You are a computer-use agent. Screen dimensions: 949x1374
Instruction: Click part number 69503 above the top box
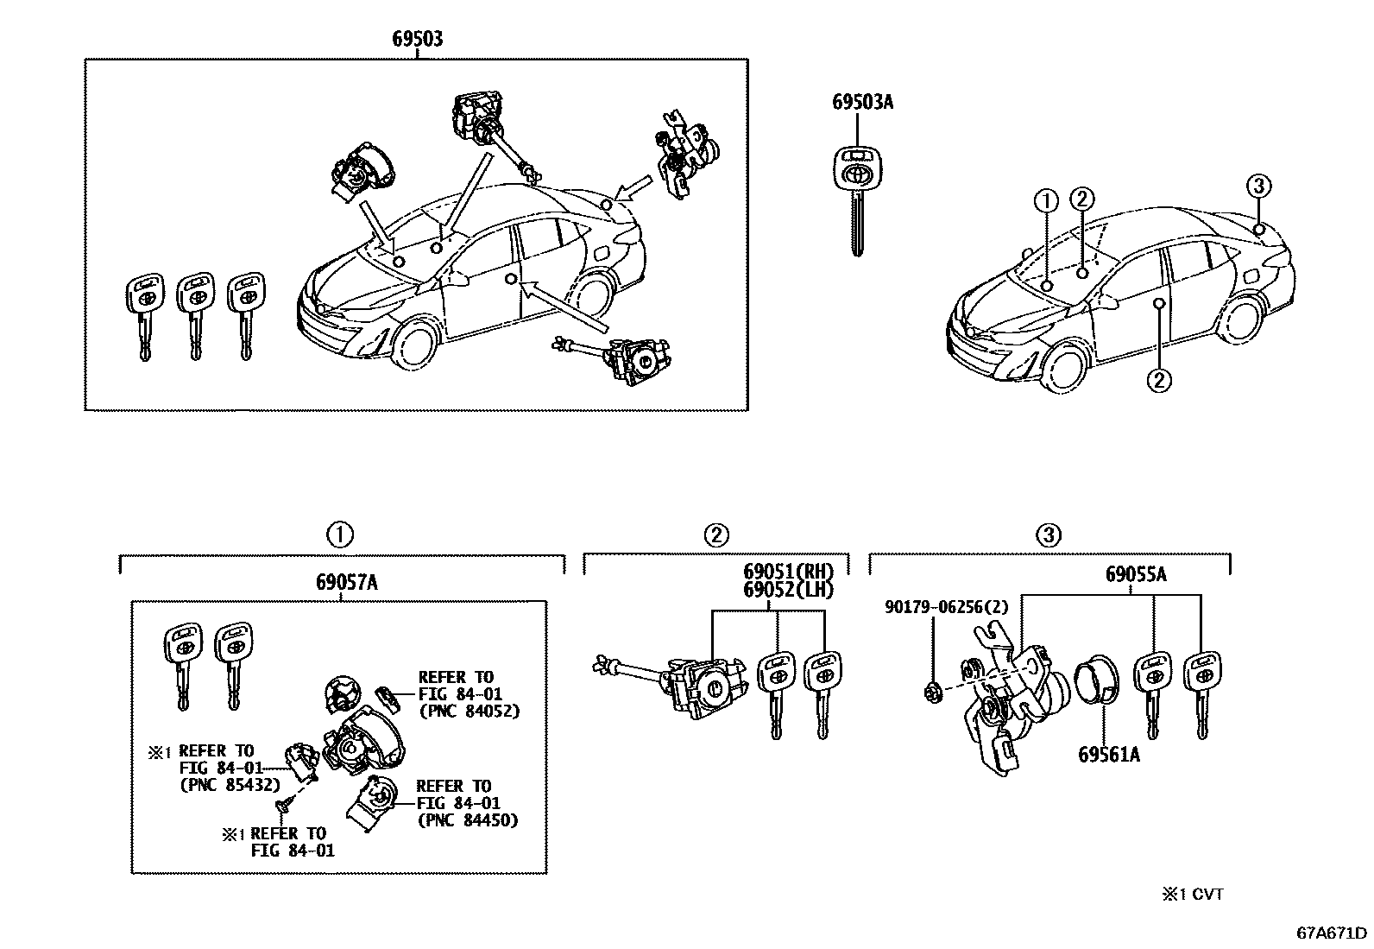[418, 39]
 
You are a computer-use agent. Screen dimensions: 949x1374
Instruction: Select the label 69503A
[862, 102]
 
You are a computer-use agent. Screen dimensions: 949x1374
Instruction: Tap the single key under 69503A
[857, 196]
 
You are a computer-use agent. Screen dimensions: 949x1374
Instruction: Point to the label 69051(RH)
[789, 572]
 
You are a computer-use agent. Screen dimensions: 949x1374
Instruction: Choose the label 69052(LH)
[789, 590]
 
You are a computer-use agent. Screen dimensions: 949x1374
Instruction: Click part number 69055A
[1136, 575]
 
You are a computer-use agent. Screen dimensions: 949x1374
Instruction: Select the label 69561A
[1108, 755]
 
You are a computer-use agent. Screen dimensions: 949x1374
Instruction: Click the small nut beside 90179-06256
[932, 689]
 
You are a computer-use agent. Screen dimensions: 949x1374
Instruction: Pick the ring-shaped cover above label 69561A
[1098, 678]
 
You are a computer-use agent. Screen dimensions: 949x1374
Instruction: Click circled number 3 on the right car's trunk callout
[1258, 186]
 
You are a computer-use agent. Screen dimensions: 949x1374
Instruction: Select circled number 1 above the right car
[1046, 201]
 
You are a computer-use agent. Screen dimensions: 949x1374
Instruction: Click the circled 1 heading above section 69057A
[339, 535]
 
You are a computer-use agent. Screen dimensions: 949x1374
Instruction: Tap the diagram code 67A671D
[1332, 933]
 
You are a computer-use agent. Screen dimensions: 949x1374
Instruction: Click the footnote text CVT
[1207, 895]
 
